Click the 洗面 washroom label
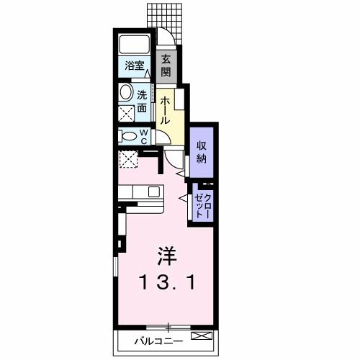pyautogui.click(x=143, y=100)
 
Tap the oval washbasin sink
pyautogui.click(x=126, y=93)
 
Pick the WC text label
pyautogui.click(x=143, y=137)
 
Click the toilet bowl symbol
pyautogui.click(x=127, y=136)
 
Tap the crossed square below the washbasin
pyautogui.click(x=126, y=114)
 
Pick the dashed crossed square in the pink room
pyautogui.click(x=129, y=160)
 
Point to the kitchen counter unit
pyautogui.click(x=141, y=192)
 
